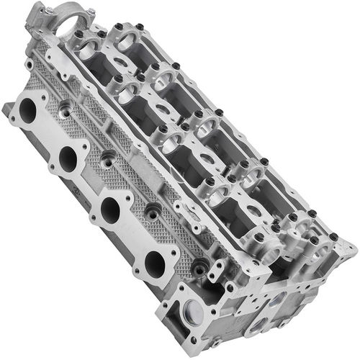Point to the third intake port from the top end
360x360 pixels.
110,210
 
